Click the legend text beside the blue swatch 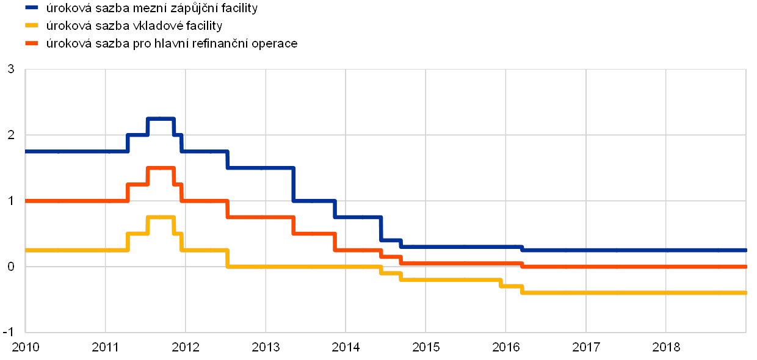tap(152, 9)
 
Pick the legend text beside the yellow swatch tap(134, 26)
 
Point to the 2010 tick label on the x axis tap(26, 347)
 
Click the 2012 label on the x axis tap(186, 347)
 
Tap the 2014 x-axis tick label tap(346, 347)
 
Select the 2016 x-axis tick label tap(505, 347)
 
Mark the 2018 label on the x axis tap(665, 347)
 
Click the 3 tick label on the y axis tap(12, 69)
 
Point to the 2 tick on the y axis tap(12, 135)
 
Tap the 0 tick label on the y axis tap(12, 267)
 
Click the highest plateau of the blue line tap(161, 118)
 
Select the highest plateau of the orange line tap(161, 168)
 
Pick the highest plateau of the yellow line tap(161, 217)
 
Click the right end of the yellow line tap(745, 293)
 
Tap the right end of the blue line tap(745, 250)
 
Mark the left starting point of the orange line tap(26, 201)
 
